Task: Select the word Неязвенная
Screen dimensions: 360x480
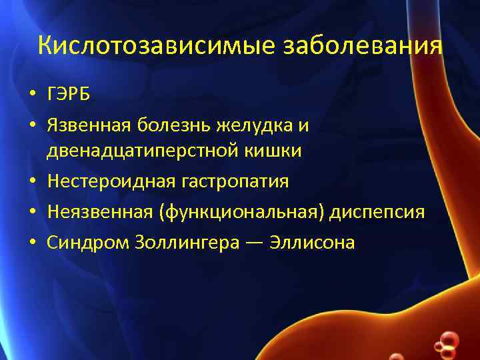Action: point(99,212)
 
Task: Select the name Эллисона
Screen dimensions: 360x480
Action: point(313,243)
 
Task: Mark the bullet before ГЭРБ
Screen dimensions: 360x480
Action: point(31,95)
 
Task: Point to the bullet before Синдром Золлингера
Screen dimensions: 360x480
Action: point(31,243)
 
